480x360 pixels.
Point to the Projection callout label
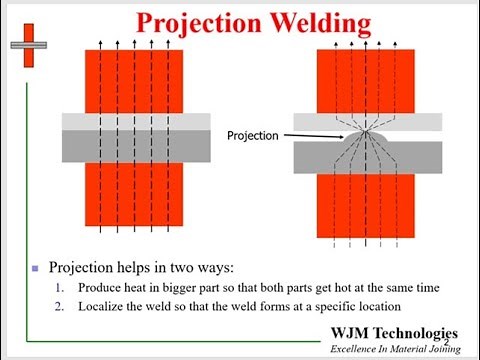point(253,135)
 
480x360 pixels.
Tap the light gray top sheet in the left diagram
point(136,122)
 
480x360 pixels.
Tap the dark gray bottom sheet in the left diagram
point(136,146)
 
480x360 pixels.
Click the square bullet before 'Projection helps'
point(36,268)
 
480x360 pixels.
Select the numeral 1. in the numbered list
point(61,287)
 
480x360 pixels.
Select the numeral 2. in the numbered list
point(61,306)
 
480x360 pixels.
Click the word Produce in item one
point(102,287)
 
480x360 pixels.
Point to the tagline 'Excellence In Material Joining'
point(395,348)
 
